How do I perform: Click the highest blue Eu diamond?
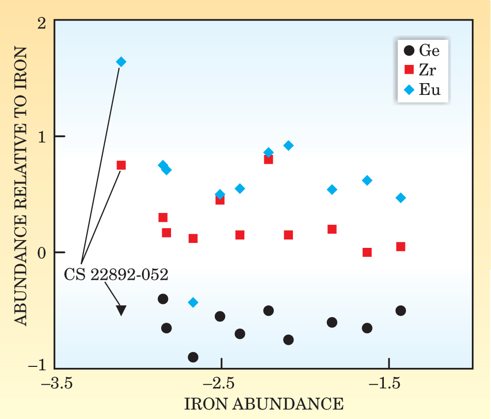121,61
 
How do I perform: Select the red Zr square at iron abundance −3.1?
121,165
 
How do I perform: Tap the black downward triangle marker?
121,310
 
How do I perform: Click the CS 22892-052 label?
116,274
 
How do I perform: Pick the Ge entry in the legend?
423,50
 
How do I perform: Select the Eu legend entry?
423,90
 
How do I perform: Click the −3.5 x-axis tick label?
55,383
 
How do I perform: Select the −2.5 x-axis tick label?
222,383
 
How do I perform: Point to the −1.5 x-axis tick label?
389,383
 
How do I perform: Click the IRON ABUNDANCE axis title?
263,404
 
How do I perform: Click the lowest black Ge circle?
193,357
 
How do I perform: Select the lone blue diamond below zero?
193,302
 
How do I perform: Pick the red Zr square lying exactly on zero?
367,252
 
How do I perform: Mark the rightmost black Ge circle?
401,311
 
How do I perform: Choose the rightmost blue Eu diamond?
401,198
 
